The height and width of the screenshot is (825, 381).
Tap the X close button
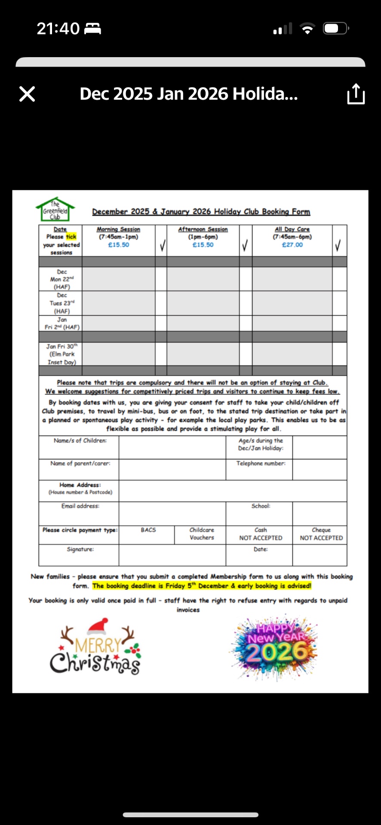(x=27, y=94)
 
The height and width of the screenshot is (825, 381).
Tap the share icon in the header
(x=356, y=94)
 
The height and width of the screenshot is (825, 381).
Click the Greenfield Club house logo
(x=55, y=210)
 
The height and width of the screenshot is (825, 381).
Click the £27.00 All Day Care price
(x=292, y=245)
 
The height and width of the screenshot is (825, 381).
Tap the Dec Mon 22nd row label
(x=61, y=279)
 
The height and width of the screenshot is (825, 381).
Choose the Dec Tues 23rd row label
(x=61, y=303)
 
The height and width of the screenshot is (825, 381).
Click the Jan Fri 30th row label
(x=61, y=354)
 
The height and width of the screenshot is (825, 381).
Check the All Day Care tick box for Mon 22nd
(x=339, y=279)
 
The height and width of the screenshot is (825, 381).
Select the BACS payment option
(x=148, y=530)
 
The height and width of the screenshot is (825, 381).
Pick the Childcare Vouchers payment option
(x=202, y=534)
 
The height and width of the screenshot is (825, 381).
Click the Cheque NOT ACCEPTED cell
(x=321, y=534)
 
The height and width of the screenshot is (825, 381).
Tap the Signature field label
(x=80, y=550)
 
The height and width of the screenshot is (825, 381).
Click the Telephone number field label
(x=261, y=464)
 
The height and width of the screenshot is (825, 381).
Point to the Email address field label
(x=80, y=506)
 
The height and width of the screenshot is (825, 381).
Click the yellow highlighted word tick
(x=71, y=237)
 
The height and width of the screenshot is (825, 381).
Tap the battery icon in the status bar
(x=336, y=29)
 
